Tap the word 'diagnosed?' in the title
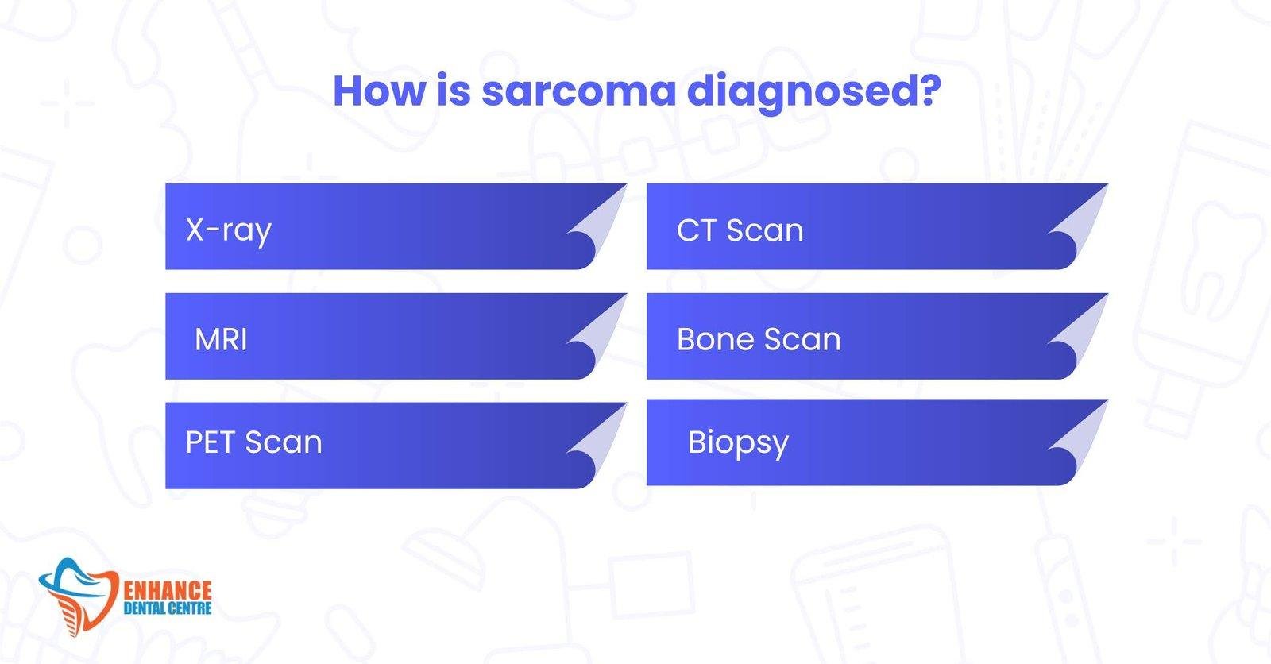[813, 92]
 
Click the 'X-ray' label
[228, 230]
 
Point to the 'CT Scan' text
[740, 230]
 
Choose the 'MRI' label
[221, 339]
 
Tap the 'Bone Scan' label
[759, 339]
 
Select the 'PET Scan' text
[253, 442]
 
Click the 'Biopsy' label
[738, 442]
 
